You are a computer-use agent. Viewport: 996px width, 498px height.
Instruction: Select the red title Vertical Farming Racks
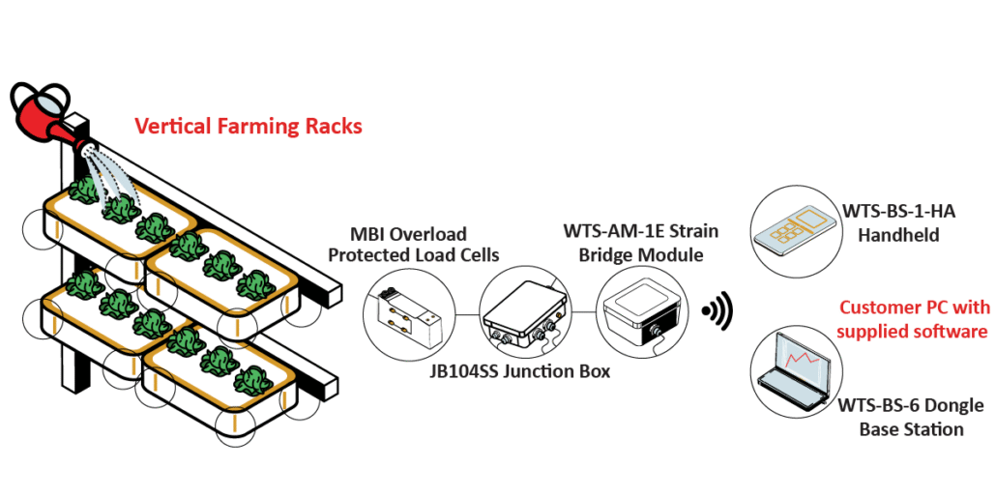point(249,126)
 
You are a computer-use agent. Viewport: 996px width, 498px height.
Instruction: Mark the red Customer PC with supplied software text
point(914,319)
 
